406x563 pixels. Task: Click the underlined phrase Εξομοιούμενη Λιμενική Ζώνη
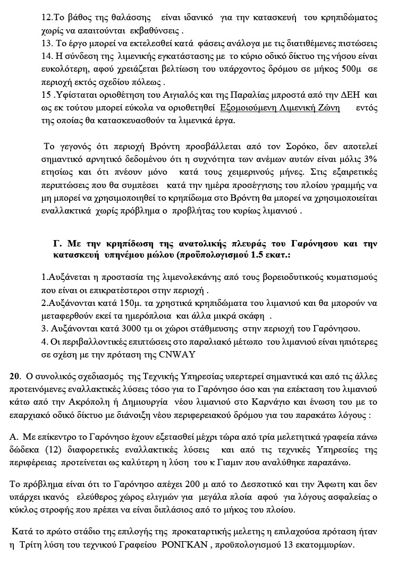(280, 108)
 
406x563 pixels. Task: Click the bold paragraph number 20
(15, 377)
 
